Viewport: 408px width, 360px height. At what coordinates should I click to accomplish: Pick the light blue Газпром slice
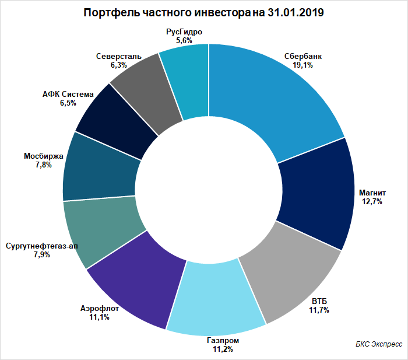(x=216, y=298)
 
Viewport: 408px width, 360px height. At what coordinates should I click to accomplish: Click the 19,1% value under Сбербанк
(x=303, y=65)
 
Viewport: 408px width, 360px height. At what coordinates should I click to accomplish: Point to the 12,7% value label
(x=372, y=202)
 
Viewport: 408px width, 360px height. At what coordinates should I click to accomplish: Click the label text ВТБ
(x=319, y=302)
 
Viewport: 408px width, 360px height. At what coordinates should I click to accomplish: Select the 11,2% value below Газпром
(x=223, y=349)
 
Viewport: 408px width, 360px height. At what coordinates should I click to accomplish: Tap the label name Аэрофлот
(x=100, y=309)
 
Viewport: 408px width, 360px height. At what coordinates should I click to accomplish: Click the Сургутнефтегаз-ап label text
(x=42, y=246)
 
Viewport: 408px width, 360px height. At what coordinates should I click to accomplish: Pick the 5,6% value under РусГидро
(x=184, y=41)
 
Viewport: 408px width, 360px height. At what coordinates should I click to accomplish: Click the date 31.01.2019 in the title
(x=296, y=12)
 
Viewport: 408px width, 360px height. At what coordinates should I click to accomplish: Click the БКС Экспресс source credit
(x=379, y=344)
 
